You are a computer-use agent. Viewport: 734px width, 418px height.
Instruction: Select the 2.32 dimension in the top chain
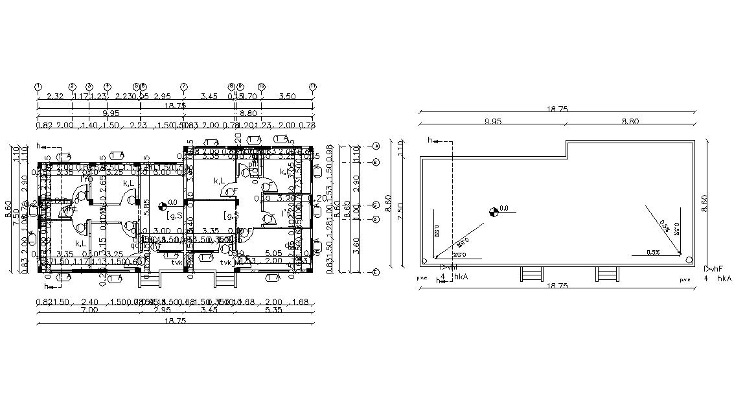click(x=55, y=96)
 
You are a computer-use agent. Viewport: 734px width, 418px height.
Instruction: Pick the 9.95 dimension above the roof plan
click(x=493, y=121)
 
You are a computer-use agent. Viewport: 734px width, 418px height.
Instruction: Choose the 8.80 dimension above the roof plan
click(x=631, y=121)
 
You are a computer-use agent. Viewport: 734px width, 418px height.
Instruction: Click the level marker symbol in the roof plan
click(x=494, y=209)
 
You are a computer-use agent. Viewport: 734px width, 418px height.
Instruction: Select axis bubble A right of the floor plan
click(x=376, y=145)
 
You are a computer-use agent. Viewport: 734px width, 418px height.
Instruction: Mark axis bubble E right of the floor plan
click(x=376, y=273)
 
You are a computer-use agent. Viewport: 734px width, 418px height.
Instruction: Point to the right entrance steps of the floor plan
click(x=224, y=279)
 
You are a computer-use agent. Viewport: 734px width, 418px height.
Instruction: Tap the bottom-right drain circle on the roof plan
click(x=687, y=259)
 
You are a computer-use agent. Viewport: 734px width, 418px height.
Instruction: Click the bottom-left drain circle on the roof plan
click(x=424, y=261)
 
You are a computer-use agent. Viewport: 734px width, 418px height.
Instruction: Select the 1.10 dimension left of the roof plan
click(x=400, y=150)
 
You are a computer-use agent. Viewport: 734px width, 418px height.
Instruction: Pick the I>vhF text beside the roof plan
click(x=715, y=268)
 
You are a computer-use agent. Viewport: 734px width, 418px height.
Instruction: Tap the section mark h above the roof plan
click(x=430, y=140)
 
